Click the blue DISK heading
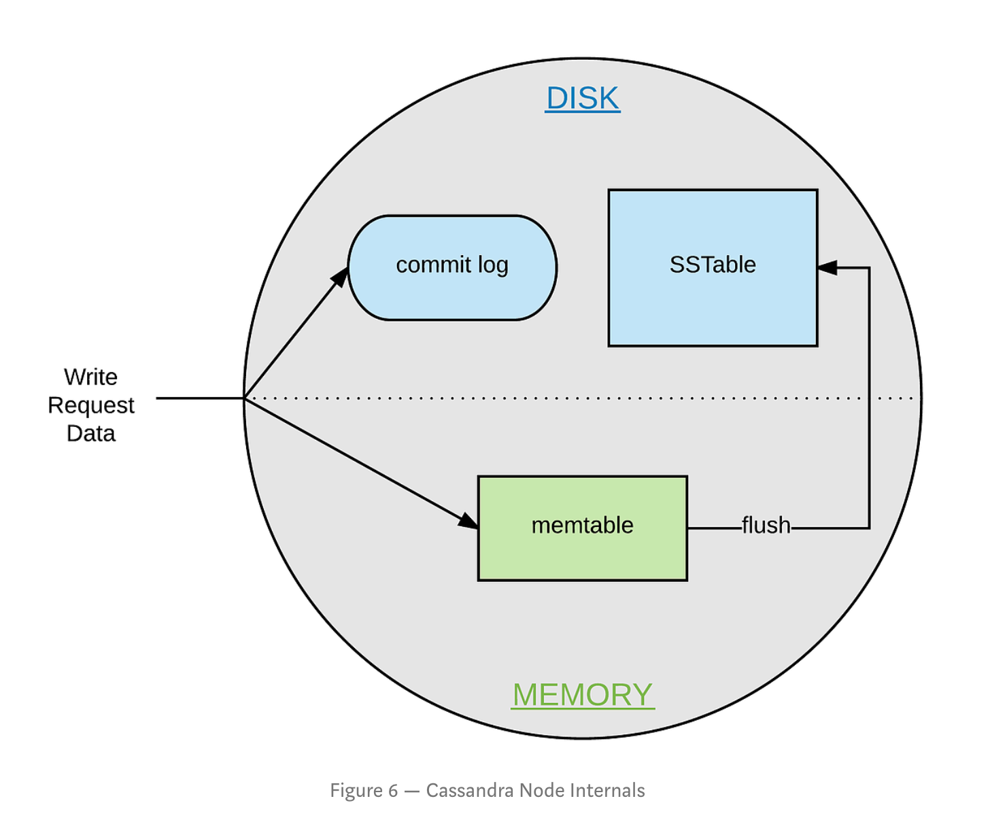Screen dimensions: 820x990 click(583, 99)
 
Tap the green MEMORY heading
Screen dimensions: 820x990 click(583, 695)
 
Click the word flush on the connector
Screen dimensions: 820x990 click(766, 526)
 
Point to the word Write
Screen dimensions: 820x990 click(90, 377)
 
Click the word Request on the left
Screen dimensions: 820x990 click(91, 405)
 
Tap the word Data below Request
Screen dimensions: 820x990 click(91, 434)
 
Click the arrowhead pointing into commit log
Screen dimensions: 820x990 click(340, 277)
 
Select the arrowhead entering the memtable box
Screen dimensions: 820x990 click(468, 522)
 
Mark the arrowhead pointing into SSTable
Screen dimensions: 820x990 click(827, 268)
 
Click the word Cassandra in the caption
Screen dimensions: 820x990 click(469, 790)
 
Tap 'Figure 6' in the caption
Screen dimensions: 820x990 click(364, 790)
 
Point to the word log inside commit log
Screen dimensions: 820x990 click(493, 265)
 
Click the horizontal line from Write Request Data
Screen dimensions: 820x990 click(200, 398)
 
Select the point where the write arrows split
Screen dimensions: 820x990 click(245, 398)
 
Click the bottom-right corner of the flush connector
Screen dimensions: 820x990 click(869, 528)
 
